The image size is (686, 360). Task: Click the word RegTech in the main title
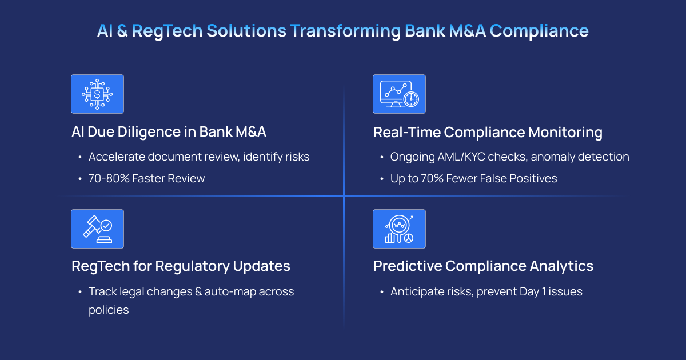tap(167, 31)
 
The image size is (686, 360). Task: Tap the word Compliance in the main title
tap(539, 31)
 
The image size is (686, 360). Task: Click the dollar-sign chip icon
tap(97, 94)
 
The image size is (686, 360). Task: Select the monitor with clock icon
tap(399, 94)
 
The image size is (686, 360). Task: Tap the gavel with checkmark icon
tap(97, 229)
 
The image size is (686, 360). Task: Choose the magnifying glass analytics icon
tap(399, 229)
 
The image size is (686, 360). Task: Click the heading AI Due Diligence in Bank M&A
tap(169, 132)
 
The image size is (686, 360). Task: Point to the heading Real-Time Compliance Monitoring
tap(488, 132)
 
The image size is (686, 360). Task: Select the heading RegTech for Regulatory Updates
tap(181, 266)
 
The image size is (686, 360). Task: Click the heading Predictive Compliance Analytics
tap(483, 266)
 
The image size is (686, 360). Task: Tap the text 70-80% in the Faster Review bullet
tap(109, 178)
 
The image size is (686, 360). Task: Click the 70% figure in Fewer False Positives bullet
tap(432, 178)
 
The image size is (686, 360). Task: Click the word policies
tap(109, 310)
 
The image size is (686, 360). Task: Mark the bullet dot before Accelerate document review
tap(80, 157)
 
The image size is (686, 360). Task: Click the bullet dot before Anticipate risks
tap(382, 292)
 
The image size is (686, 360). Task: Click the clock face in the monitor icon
tap(411, 99)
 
